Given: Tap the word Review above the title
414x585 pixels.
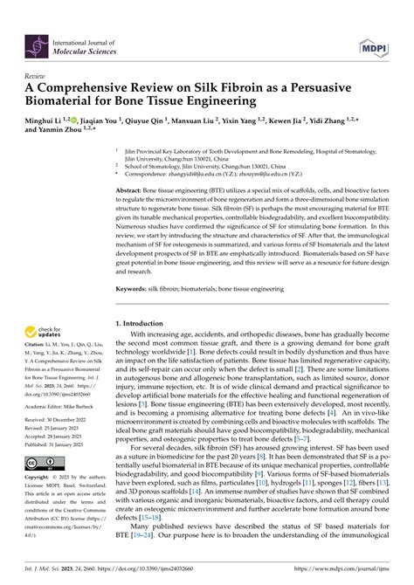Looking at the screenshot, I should (x=37, y=77).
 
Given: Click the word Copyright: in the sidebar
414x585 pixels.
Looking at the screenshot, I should (x=41, y=479).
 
